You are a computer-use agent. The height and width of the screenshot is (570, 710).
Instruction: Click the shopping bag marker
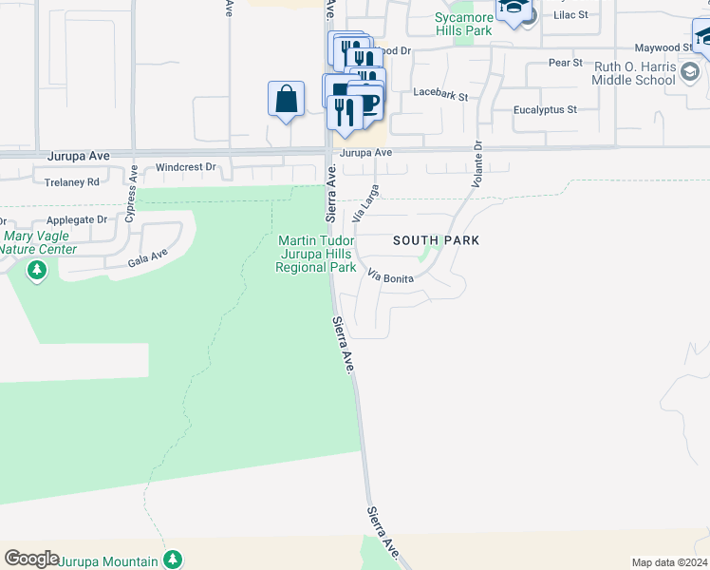pos(286,99)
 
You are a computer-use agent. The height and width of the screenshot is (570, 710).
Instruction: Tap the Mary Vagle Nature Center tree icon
pos(37,272)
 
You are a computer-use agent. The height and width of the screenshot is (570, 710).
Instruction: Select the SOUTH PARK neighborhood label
pos(436,241)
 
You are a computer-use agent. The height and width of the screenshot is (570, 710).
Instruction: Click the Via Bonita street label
pos(390,276)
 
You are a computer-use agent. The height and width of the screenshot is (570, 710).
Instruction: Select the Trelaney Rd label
pos(66,181)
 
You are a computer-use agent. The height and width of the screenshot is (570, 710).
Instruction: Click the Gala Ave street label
pos(147,255)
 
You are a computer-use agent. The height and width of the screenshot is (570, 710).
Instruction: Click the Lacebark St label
pos(441,96)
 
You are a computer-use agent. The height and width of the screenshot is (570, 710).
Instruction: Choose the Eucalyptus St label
pos(545,110)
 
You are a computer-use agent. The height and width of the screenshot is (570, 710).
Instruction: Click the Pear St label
pos(565,63)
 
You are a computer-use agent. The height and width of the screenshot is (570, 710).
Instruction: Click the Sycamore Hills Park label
pos(462,24)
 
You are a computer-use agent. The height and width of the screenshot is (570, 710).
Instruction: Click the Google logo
pos(31,559)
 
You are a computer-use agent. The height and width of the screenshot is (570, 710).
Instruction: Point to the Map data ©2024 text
pos(668,562)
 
